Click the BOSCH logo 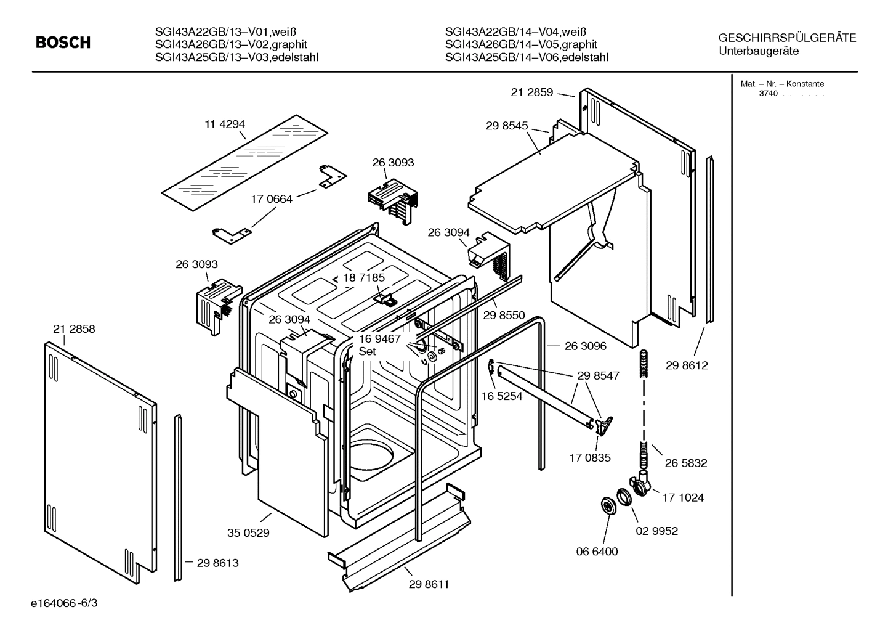63,43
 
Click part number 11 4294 225,124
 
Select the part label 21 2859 531,92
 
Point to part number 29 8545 506,126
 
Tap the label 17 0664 271,199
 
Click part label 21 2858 74,329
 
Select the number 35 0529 248,532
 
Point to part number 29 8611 429,584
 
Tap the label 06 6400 597,551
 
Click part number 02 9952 656,531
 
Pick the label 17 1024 683,497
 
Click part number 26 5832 686,463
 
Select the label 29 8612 687,365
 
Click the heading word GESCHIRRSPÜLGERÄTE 787,38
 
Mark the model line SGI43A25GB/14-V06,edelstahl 526,57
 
